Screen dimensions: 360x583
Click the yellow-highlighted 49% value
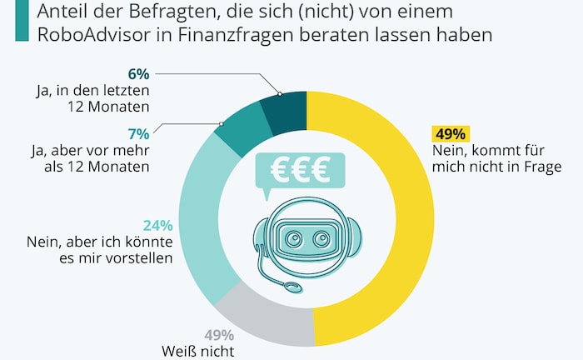[451, 134]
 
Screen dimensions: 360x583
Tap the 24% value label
[158, 226]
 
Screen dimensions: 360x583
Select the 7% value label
[138, 133]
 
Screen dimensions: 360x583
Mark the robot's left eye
[292, 240]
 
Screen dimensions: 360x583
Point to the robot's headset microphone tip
[291, 287]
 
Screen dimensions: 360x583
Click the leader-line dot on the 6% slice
[280, 95]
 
